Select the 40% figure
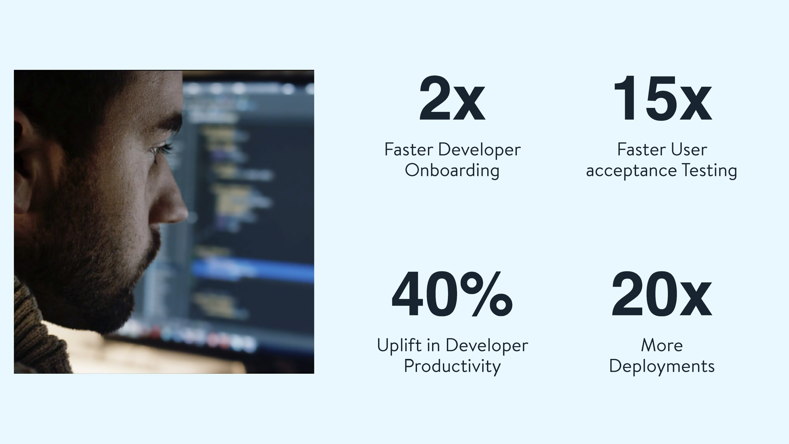click(452, 294)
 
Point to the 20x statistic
click(662, 294)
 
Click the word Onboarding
click(452, 171)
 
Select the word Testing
click(709, 171)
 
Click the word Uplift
click(399, 345)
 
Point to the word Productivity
click(452, 367)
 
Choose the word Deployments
click(662, 367)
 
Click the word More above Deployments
click(662, 345)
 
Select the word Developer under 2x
click(480, 150)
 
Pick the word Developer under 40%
click(487, 346)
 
